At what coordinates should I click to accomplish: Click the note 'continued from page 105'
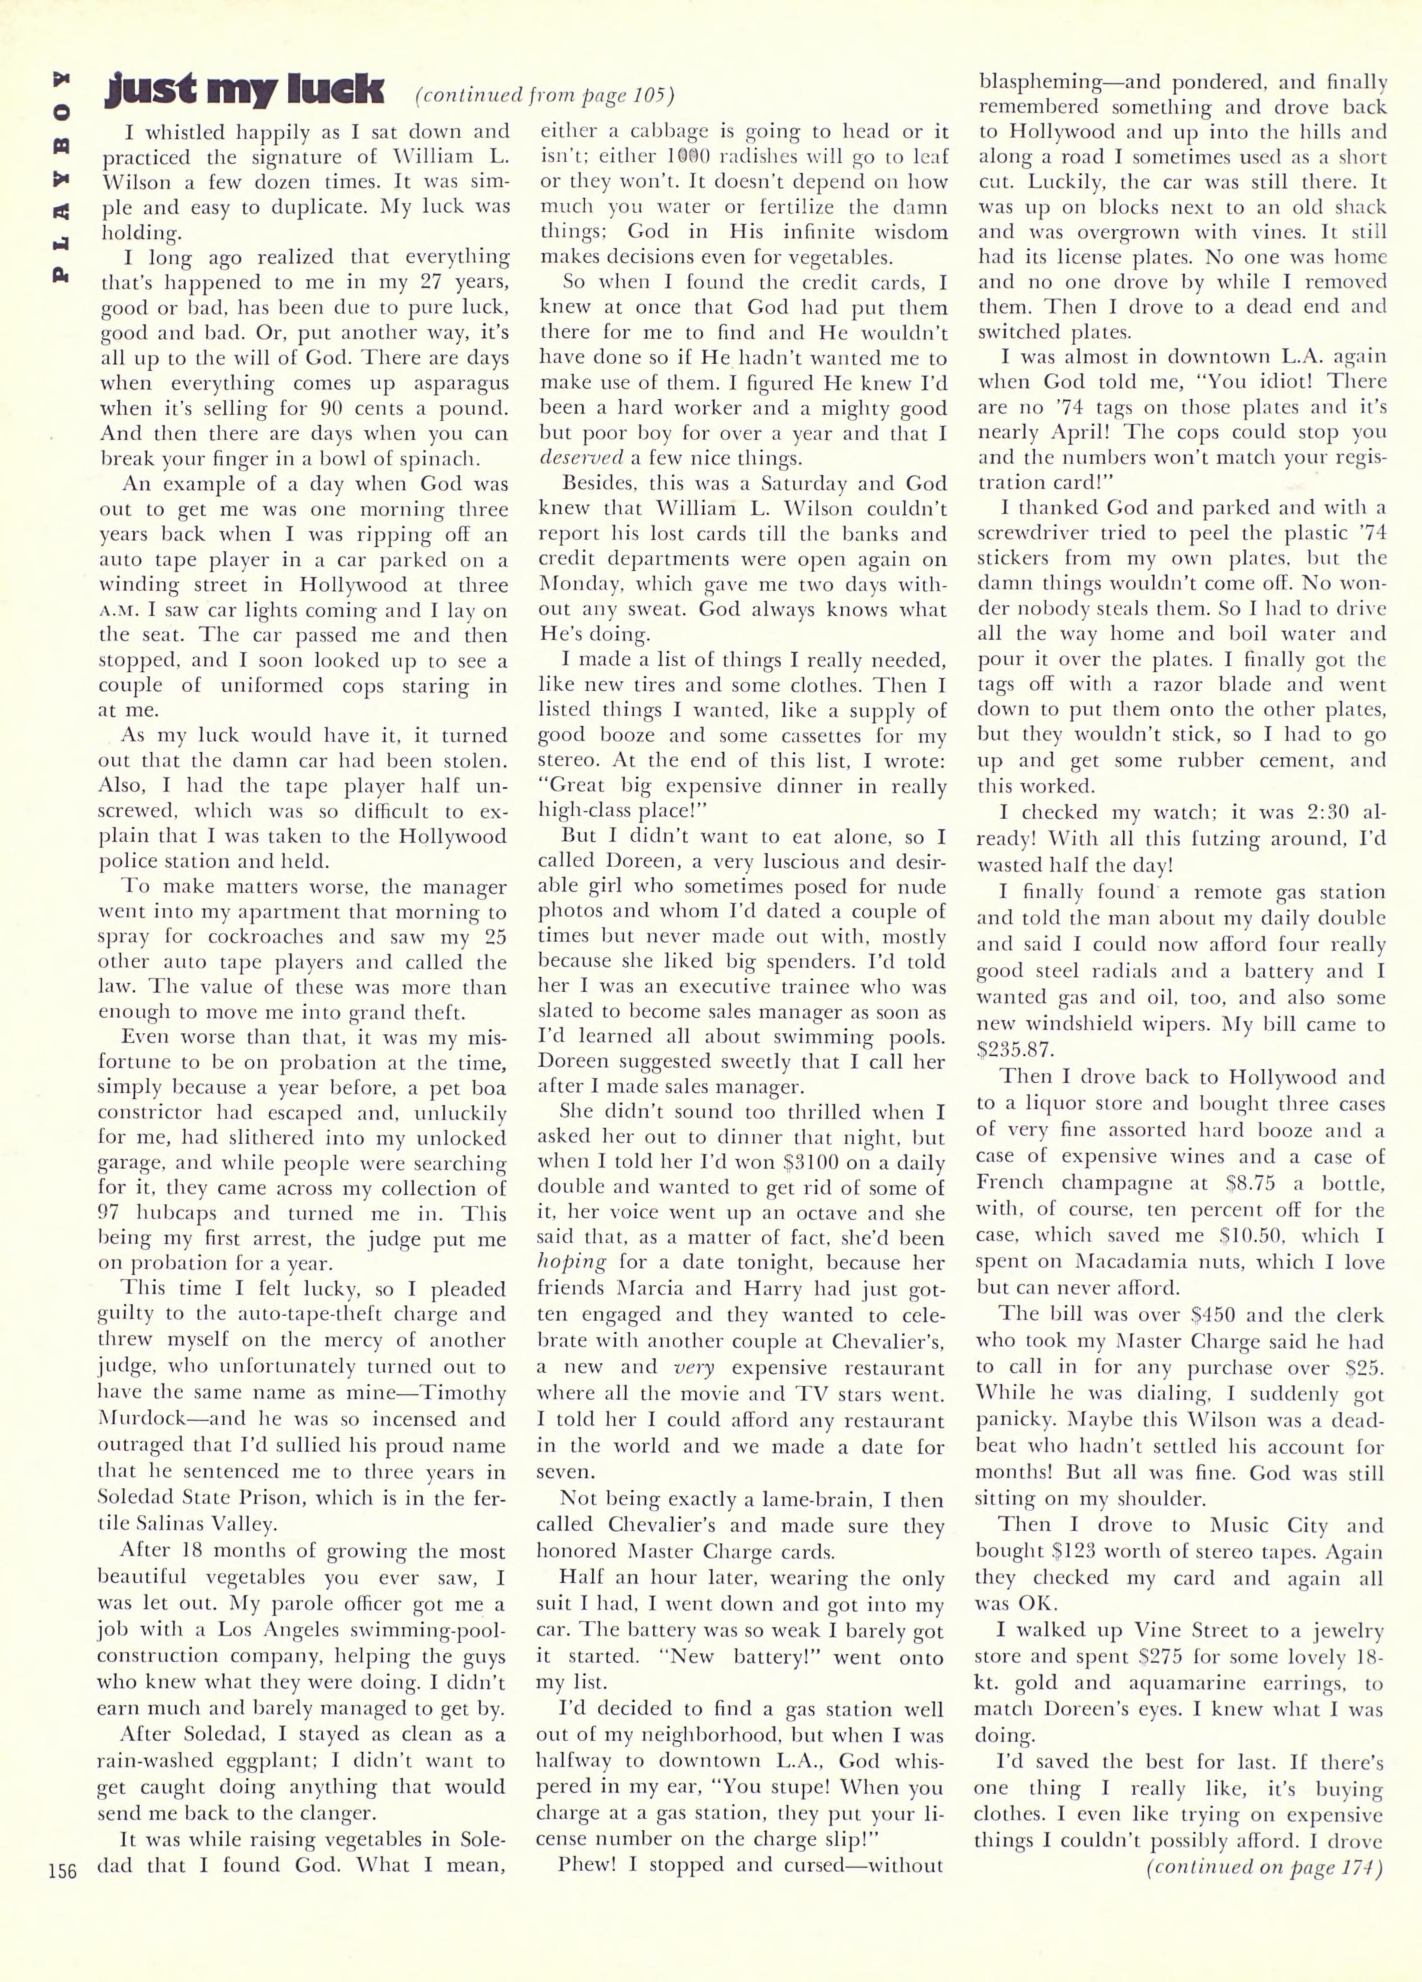545,93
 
